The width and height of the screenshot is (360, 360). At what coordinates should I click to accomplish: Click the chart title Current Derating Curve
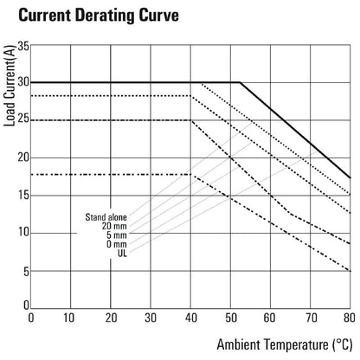(99, 16)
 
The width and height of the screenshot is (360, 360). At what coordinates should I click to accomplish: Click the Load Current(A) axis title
(10, 86)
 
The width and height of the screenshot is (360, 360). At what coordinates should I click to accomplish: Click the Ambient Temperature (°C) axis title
(285, 344)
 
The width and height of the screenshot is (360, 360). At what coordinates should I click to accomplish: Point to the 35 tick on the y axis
(23, 46)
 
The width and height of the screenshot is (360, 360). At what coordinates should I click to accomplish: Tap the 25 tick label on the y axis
(23, 119)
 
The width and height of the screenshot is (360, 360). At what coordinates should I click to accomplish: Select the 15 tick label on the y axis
(23, 196)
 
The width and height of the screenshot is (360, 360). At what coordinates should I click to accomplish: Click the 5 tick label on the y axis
(26, 272)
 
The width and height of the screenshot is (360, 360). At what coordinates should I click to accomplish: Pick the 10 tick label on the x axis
(69, 318)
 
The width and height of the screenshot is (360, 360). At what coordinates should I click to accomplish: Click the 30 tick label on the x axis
(151, 318)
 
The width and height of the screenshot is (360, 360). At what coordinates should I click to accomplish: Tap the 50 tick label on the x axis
(231, 318)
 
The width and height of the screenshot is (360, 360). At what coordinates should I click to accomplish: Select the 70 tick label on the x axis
(312, 318)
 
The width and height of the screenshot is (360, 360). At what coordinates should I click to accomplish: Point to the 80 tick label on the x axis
(350, 318)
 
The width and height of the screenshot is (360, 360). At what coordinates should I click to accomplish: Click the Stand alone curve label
(106, 217)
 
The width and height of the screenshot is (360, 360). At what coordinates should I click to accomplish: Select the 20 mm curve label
(114, 226)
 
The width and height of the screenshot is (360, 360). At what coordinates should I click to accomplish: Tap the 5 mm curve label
(117, 235)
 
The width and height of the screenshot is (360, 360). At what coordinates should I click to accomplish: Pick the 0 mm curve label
(117, 244)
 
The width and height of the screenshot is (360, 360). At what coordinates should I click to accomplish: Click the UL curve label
(122, 254)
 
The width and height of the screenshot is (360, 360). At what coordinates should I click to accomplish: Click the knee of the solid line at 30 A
(240, 82)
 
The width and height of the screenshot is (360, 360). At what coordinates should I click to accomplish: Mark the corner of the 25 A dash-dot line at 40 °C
(191, 120)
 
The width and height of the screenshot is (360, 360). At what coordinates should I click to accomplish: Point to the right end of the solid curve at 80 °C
(350, 177)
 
